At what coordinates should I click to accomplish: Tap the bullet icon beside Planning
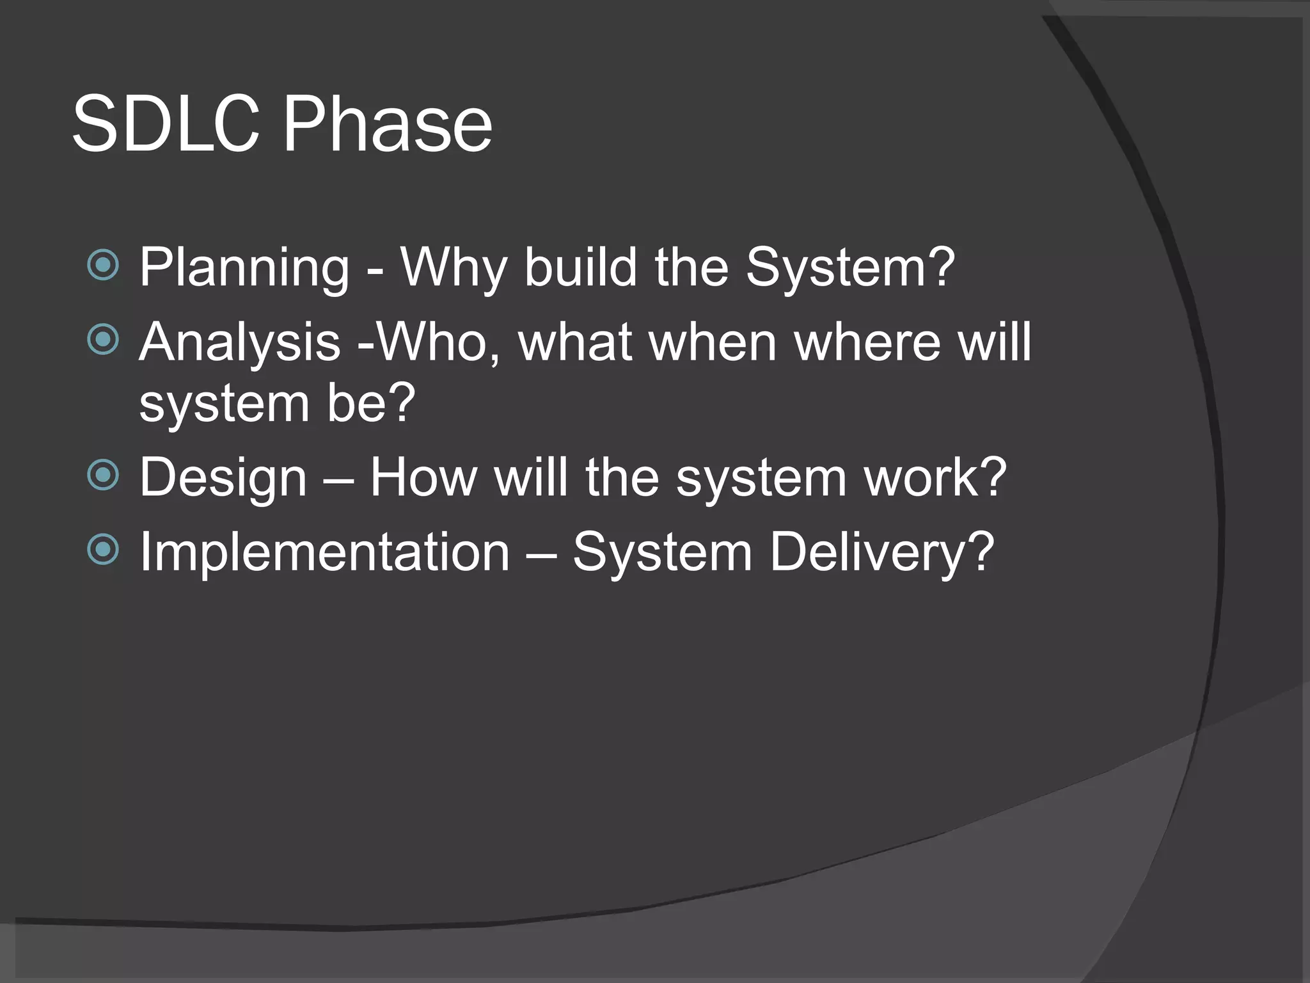point(103,265)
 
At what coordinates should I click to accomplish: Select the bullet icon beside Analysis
point(103,339)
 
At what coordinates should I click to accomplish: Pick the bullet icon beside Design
point(103,476)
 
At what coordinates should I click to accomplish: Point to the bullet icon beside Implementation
point(103,549)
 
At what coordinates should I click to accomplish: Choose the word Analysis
point(239,343)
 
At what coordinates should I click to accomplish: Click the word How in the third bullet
point(423,477)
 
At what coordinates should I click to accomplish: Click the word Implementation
point(324,551)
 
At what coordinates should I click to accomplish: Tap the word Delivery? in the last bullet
point(881,552)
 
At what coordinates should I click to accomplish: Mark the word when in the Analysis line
point(713,342)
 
